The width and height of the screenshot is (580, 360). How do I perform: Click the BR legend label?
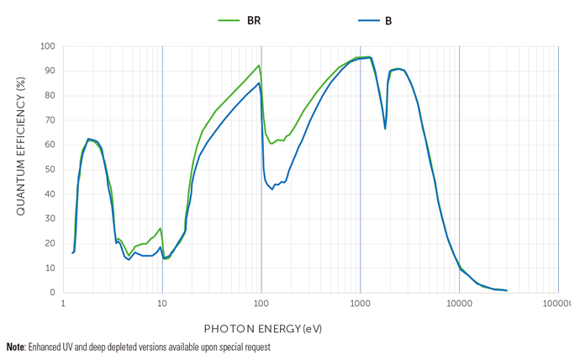click(x=254, y=21)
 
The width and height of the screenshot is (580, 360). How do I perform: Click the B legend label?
click(x=388, y=21)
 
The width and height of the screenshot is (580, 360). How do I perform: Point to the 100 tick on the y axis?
click(x=48, y=47)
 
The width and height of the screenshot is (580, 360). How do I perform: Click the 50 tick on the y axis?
click(x=50, y=170)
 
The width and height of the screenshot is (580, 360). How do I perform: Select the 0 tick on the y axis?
click(x=53, y=293)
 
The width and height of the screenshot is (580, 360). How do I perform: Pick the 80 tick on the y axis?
click(x=50, y=96)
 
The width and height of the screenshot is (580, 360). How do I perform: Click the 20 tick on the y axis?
click(x=50, y=244)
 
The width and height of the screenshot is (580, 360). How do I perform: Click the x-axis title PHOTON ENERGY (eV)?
click(x=263, y=328)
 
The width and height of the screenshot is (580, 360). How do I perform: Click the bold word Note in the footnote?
click(x=15, y=347)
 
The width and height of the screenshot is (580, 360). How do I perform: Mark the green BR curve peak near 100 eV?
click(x=259, y=66)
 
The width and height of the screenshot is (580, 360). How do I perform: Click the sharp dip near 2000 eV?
click(x=386, y=128)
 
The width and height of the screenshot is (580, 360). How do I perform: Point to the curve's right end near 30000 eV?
click(x=506, y=290)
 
